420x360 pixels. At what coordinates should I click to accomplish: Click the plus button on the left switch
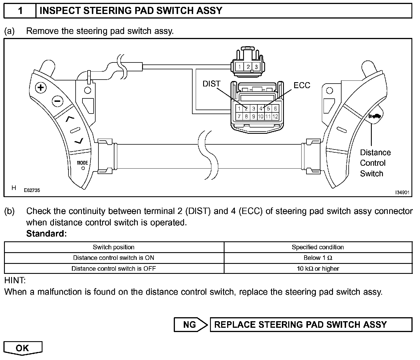click(41, 87)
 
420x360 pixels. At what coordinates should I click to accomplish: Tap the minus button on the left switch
click(57, 101)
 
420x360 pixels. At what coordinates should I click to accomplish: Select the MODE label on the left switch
click(82, 163)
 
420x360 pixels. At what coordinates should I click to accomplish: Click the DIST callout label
click(211, 84)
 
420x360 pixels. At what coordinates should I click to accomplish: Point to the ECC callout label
click(302, 85)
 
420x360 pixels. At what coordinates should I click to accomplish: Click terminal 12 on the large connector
click(275, 116)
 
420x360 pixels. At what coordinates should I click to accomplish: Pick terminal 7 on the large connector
click(239, 116)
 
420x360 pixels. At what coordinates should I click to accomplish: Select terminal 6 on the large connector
click(275, 109)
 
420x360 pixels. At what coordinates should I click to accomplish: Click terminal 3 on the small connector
click(256, 67)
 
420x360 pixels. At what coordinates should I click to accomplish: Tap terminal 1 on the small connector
click(240, 67)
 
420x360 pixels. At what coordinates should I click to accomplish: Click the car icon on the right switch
click(375, 116)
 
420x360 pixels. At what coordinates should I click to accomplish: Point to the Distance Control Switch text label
click(375, 163)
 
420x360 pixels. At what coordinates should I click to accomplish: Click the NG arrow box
click(190, 325)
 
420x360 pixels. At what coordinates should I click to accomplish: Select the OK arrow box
click(23, 348)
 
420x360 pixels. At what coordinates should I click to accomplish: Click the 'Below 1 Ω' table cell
click(318, 258)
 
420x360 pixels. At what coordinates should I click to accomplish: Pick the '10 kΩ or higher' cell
click(318, 268)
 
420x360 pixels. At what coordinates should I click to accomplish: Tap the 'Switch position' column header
click(114, 247)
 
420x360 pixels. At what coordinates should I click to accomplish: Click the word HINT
click(15, 280)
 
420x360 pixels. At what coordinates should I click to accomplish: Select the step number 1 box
click(20, 11)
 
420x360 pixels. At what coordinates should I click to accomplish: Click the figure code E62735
click(32, 190)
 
